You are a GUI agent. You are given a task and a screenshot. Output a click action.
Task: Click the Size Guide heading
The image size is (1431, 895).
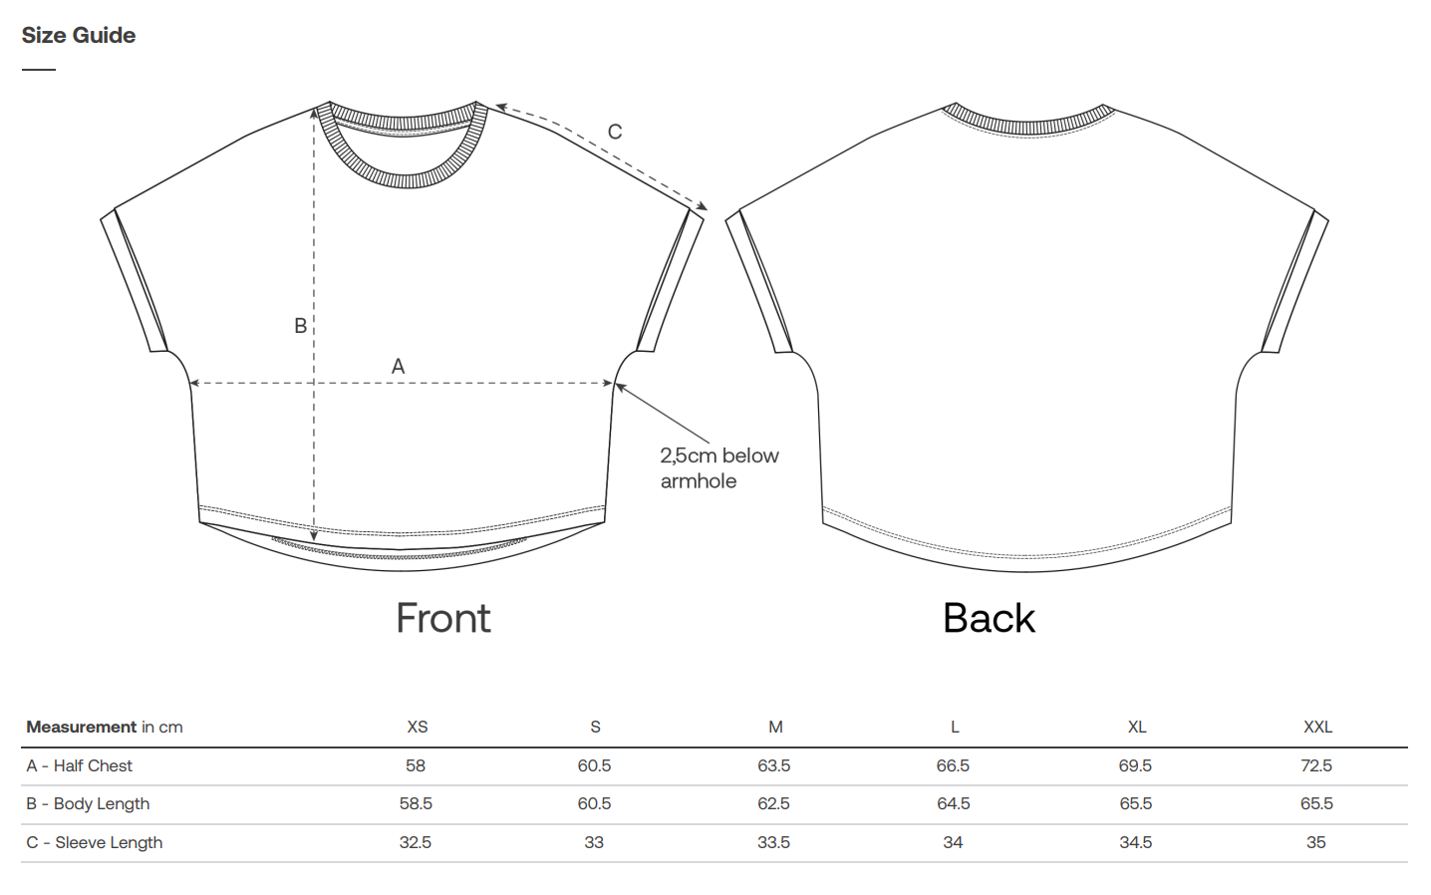(x=79, y=35)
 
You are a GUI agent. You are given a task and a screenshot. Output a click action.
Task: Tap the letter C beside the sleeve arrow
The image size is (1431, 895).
(x=615, y=132)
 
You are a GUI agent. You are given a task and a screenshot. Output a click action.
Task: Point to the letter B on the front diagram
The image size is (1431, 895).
(x=300, y=326)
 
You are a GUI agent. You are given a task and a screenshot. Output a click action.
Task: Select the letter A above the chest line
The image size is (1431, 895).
(x=398, y=366)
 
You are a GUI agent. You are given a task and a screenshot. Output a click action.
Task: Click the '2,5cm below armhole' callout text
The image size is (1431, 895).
(x=718, y=467)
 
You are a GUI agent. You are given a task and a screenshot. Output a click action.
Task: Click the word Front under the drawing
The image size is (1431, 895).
(x=443, y=618)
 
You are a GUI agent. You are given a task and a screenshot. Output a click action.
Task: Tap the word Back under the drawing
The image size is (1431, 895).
(x=989, y=618)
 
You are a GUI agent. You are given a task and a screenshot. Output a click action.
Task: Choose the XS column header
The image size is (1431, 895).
(x=418, y=727)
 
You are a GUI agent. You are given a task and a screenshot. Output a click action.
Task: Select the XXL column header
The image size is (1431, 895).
(x=1317, y=727)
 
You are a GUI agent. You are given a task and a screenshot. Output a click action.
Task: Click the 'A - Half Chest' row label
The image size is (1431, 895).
(x=80, y=765)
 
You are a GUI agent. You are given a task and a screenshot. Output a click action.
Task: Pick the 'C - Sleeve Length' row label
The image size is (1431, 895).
(x=95, y=842)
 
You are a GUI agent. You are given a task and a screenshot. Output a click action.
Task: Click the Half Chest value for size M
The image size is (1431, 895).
(x=774, y=765)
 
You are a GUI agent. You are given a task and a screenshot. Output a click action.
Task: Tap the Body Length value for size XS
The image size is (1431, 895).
(x=416, y=803)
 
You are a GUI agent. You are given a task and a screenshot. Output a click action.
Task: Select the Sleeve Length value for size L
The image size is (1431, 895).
(x=953, y=842)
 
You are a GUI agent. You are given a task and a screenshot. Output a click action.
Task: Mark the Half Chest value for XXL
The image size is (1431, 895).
(x=1316, y=765)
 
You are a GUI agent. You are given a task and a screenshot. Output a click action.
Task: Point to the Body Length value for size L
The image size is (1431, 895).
(x=954, y=803)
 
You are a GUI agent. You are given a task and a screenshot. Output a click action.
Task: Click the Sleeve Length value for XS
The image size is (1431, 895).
(x=416, y=842)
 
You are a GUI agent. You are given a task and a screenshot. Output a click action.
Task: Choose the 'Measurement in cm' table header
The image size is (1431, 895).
(x=105, y=727)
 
